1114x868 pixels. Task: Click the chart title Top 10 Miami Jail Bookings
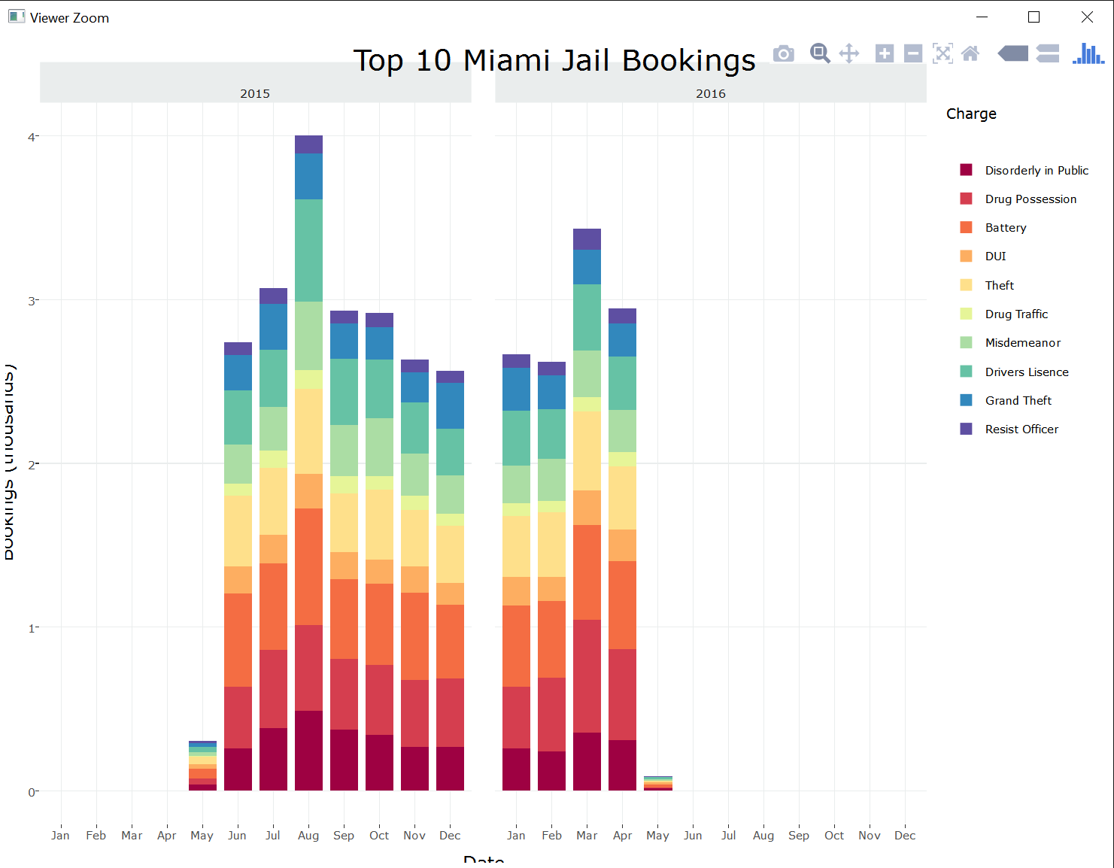click(554, 61)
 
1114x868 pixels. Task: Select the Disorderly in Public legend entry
click(1036, 171)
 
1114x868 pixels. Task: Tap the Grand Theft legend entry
click(1018, 401)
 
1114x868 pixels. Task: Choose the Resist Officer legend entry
click(1021, 429)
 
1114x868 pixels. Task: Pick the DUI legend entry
click(995, 256)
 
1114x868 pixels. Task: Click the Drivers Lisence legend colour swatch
click(967, 372)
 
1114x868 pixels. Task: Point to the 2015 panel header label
click(255, 93)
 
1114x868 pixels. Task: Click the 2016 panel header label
click(711, 93)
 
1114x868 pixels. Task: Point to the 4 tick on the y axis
click(32, 137)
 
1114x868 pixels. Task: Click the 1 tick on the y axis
click(32, 628)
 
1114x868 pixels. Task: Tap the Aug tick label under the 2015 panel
click(308, 836)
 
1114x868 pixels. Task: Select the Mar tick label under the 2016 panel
click(587, 836)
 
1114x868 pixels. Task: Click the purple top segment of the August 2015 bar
click(308, 144)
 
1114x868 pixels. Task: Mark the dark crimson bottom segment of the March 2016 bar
click(587, 761)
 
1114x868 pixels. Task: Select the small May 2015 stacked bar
click(202, 766)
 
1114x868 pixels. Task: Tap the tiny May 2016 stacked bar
click(658, 784)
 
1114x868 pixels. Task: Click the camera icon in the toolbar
click(784, 53)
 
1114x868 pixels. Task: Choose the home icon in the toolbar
click(970, 53)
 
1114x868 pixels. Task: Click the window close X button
click(1087, 17)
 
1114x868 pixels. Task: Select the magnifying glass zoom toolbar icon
click(819, 53)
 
